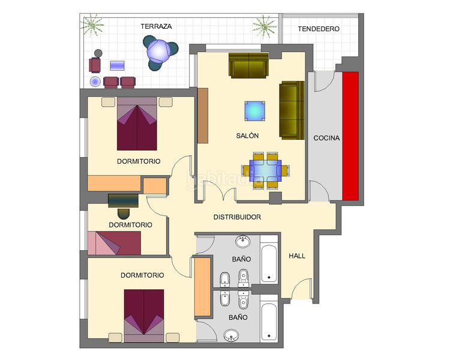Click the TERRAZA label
tap(156, 26)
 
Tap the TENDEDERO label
tap(319, 29)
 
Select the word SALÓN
tap(247, 136)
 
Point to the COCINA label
tap(326, 138)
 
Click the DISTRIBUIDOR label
tap(238, 217)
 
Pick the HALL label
tap(297, 256)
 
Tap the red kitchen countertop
tap(350, 136)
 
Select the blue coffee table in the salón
tap(254, 111)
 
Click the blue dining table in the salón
tap(265, 170)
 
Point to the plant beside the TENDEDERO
tap(264, 26)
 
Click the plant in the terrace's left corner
tap(92, 25)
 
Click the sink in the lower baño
tap(232, 335)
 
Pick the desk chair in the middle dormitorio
tap(124, 214)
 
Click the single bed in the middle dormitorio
tap(114, 243)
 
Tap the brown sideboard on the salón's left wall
tap(203, 116)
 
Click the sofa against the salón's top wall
tap(248, 65)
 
